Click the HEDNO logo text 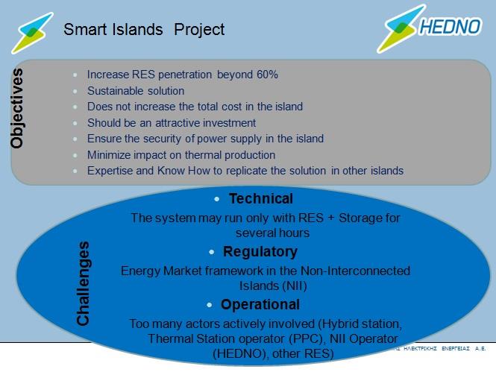tap(451, 27)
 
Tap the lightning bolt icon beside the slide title tap(32, 33)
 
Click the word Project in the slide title tap(199, 30)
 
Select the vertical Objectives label tap(16, 108)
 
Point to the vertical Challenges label tap(84, 283)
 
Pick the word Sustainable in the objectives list tap(110, 91)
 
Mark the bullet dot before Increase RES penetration tap(75, 75)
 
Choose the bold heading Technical tap(261, 199)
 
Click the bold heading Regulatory tap(260, 252)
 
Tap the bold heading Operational tap(260, 305)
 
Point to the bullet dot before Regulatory tap(212, 252)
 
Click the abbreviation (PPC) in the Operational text tap(307, 338)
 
